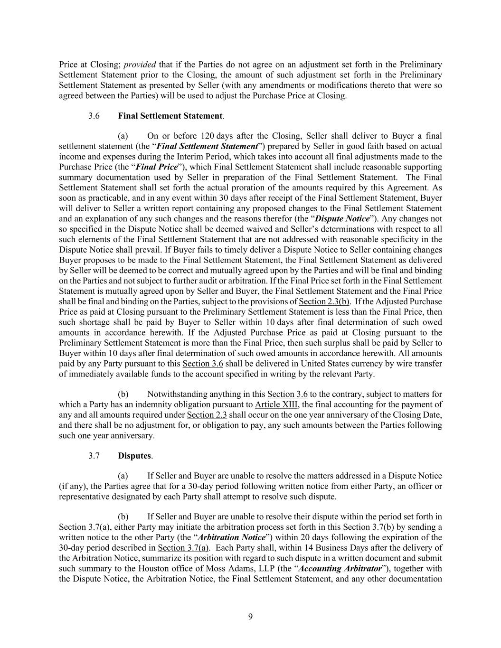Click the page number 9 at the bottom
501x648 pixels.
point(250,617)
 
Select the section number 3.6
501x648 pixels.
point(94,116)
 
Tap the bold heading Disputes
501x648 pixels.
point(134,456)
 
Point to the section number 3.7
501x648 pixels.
point(94,456)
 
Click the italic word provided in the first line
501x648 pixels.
point(140,65)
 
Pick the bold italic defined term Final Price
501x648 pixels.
point(157,167)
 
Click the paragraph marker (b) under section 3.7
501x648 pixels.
point(123,517)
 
